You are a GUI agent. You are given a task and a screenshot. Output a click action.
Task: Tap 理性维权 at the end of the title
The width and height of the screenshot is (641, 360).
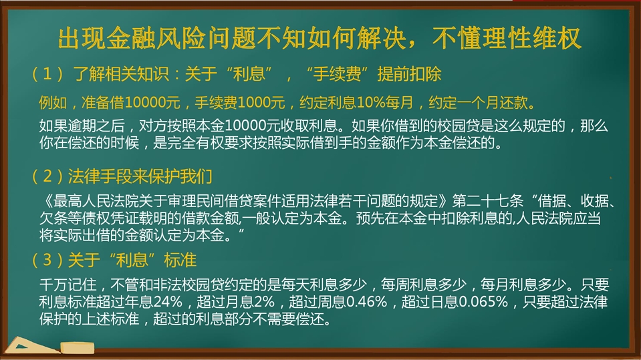[532, 39]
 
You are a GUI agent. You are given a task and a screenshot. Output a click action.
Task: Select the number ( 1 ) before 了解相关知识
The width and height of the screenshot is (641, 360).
[48, 74]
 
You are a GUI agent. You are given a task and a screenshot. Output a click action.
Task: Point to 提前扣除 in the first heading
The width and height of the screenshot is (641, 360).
[409, 74]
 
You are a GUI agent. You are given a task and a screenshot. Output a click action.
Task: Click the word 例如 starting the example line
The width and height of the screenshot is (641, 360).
[53, 102]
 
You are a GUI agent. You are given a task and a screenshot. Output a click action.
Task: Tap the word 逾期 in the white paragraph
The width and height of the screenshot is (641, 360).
[82, 126]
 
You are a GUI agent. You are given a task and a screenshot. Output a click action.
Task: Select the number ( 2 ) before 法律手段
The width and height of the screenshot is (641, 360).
[48, 176]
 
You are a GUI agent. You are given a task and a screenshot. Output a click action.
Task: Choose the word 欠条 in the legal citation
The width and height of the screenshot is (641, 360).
[53, 218]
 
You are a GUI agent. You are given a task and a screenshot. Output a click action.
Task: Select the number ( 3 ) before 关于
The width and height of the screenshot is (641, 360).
[48, 260]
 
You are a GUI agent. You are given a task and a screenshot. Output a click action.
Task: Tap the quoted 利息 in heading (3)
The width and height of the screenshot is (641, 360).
[132, 260]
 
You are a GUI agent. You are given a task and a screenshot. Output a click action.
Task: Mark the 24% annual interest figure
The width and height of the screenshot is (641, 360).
[168, 302]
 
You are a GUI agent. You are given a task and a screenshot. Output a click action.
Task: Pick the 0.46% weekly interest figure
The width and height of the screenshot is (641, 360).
[366, 302]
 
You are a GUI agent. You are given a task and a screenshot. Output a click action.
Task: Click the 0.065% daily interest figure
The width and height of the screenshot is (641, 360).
[483, 302]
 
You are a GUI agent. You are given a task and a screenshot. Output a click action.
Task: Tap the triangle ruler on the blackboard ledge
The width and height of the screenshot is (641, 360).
[31, 345]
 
